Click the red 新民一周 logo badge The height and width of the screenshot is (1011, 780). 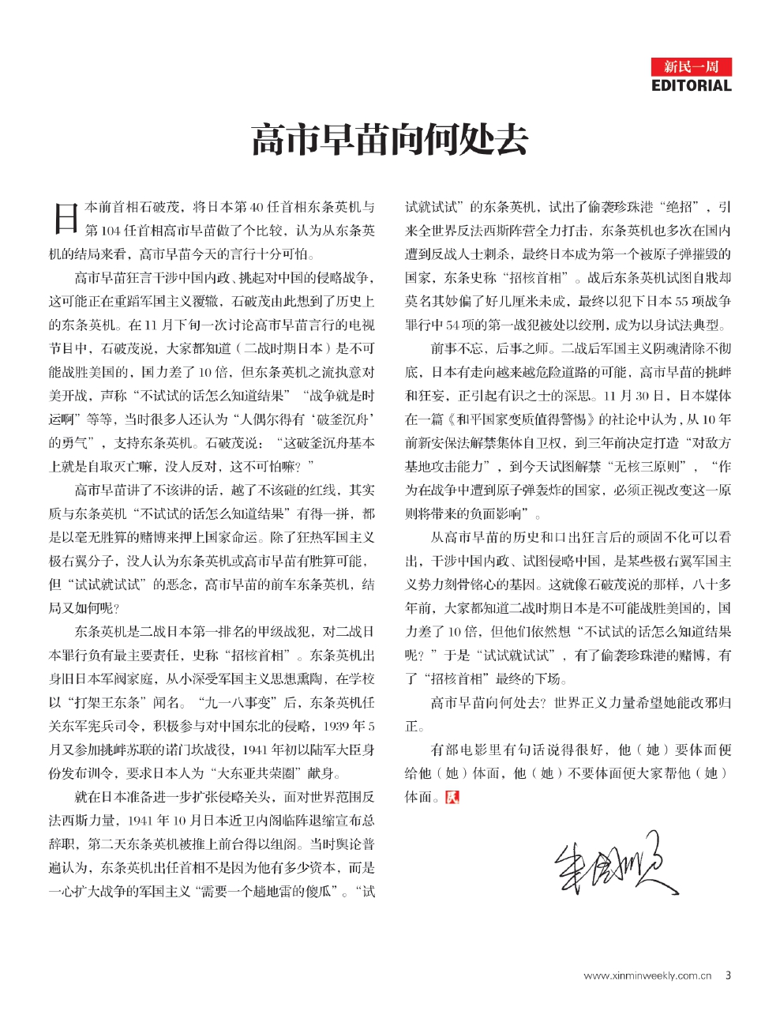[691, 66]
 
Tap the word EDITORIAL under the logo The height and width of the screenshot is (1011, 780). [691, 85]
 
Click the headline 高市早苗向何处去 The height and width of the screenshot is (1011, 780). [389, 140]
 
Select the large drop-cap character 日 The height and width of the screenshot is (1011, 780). [63, 218]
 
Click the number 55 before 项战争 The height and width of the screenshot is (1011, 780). [679, 301]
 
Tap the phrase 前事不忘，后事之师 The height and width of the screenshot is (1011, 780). [484, 348]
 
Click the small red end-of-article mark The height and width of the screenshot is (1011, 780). [452, 797]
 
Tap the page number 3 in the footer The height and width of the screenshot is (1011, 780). [728, 975]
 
